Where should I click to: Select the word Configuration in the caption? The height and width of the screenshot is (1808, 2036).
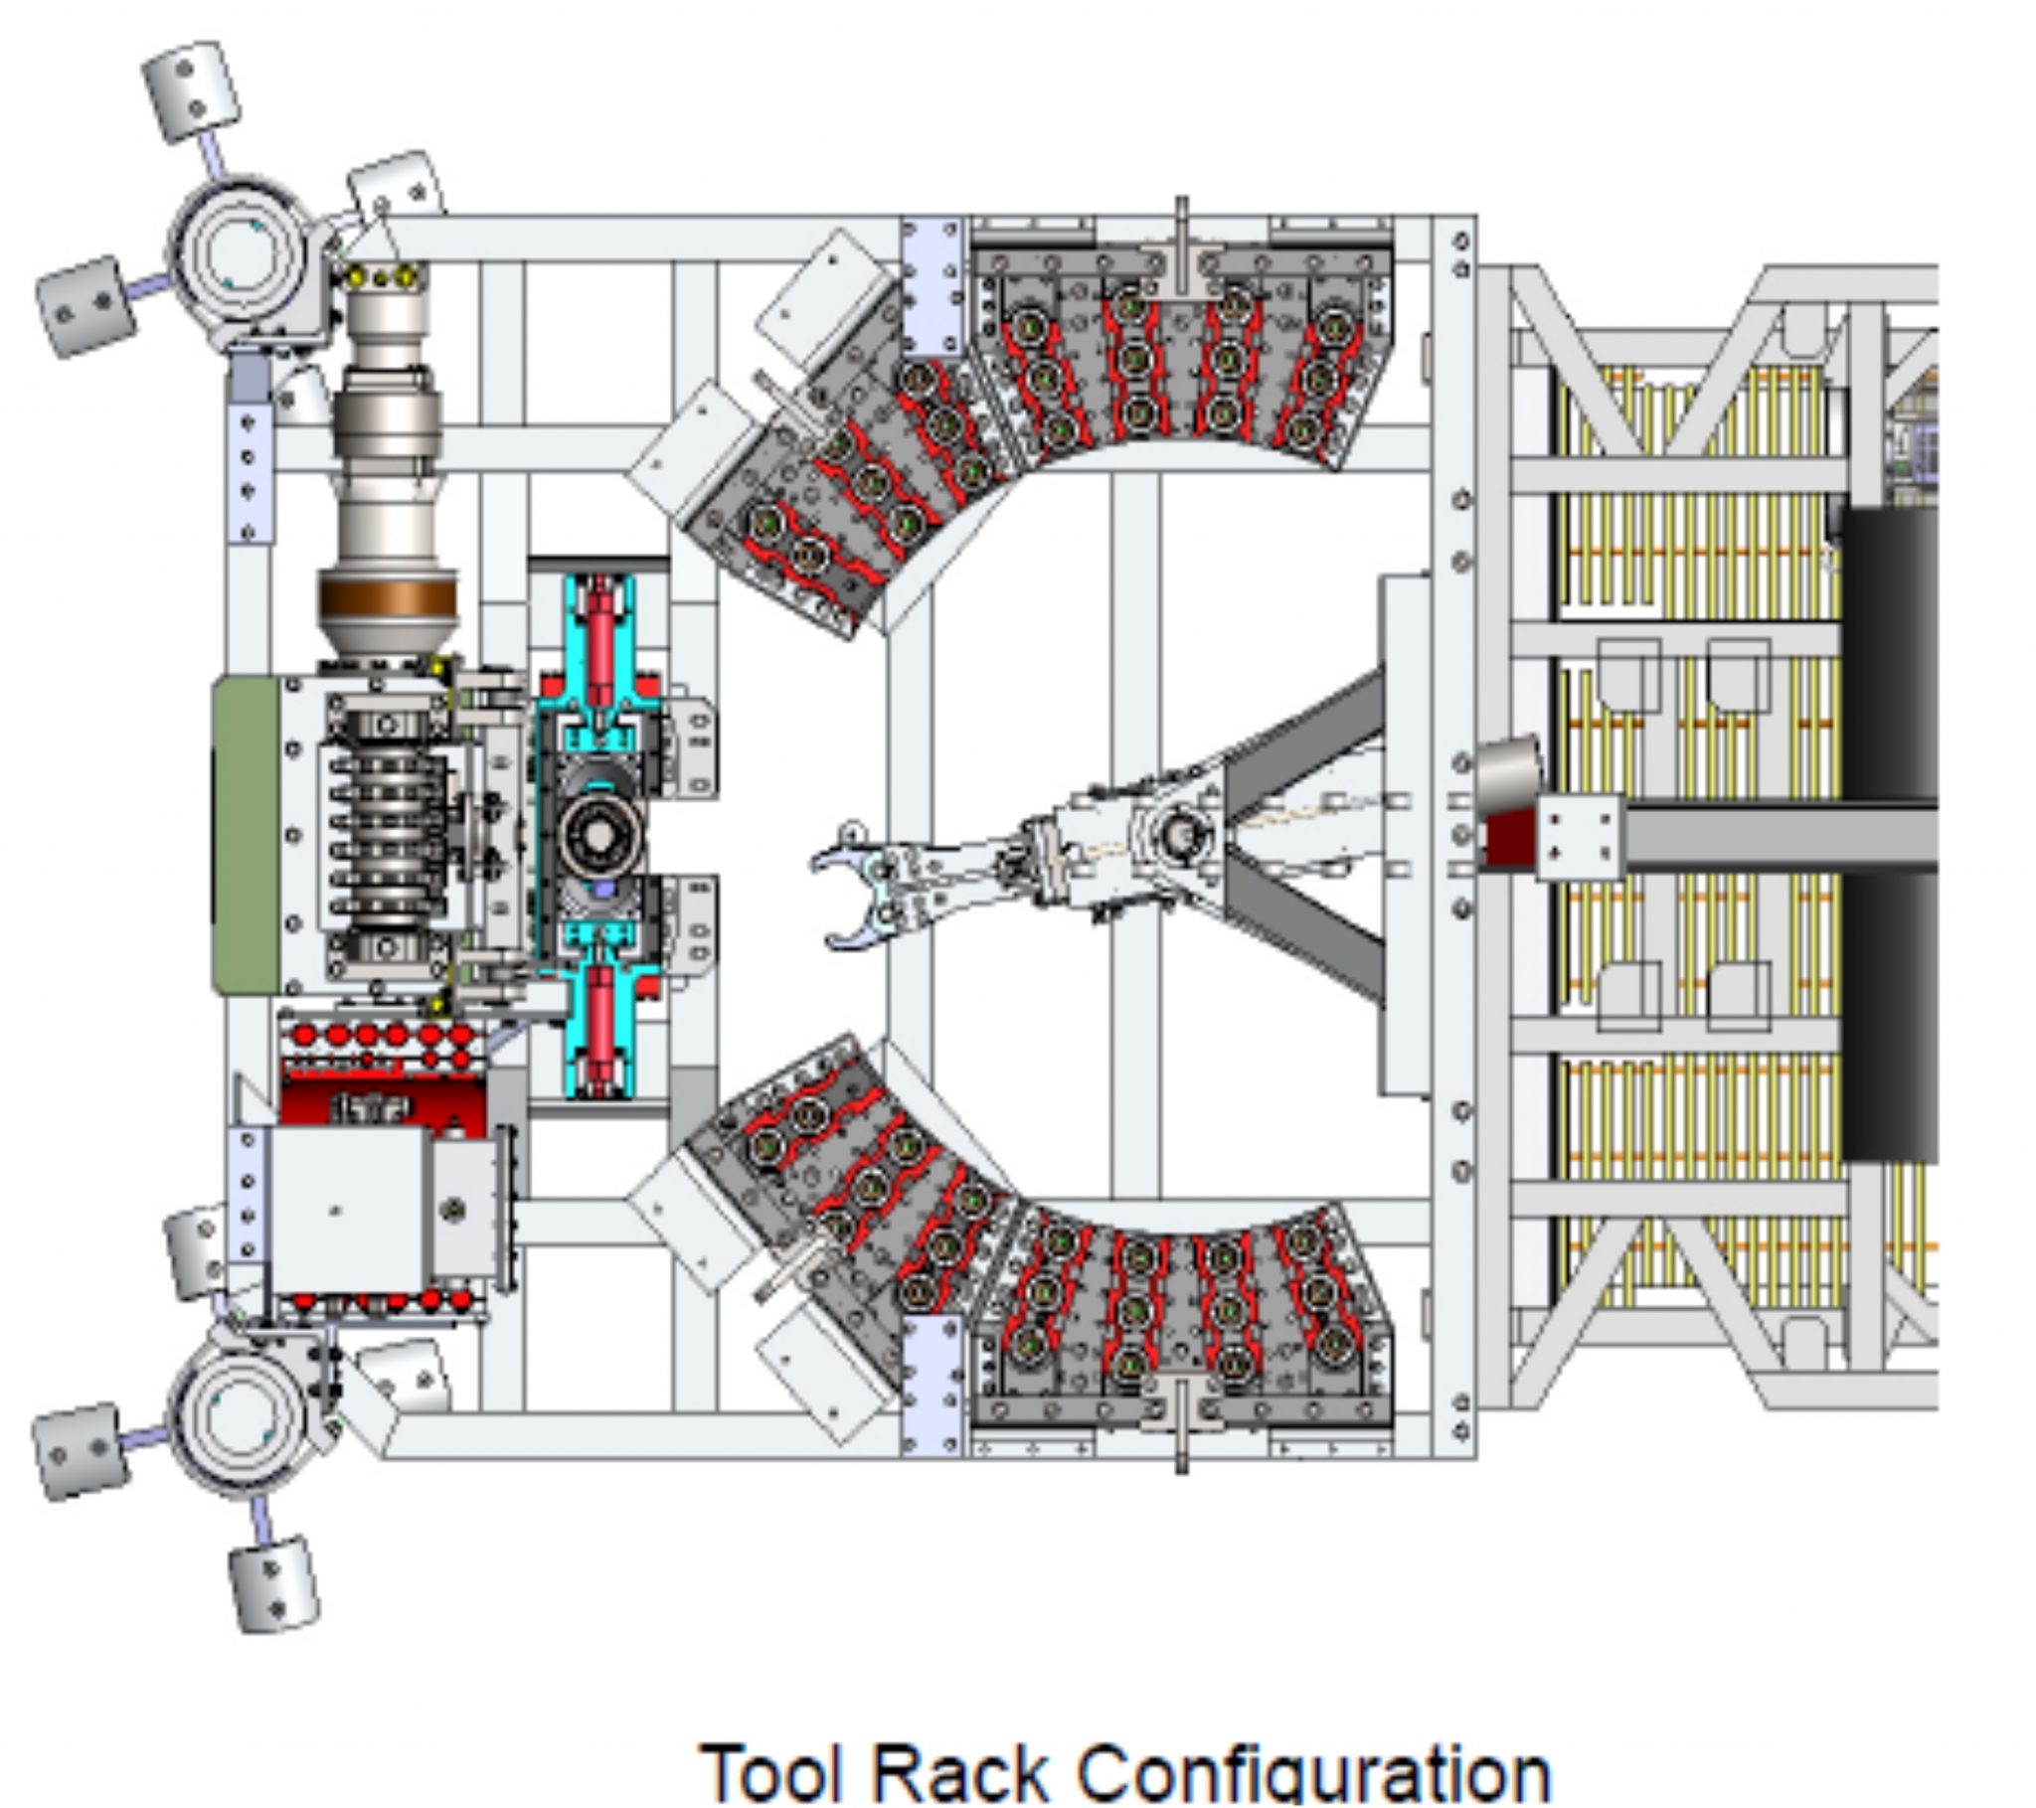(x=1315, y=1774)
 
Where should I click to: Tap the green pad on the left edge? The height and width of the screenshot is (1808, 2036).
(x=246, y=835)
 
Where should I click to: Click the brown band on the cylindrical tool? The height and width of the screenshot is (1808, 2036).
(x=389, y=598)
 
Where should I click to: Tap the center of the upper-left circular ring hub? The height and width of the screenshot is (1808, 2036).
(x=237, y=249)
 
